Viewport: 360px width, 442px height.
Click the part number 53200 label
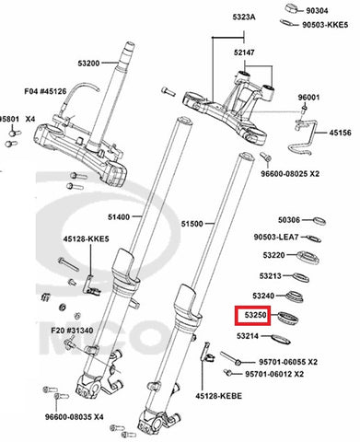tap(88, 64)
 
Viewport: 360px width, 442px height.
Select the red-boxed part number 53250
tap(256, 315)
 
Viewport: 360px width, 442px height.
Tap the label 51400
tap(119, 217)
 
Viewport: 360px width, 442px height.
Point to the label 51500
tap(192, 224)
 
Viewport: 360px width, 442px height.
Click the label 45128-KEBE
tap(219, 396)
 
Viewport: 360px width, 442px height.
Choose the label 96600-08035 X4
tap(75, 417)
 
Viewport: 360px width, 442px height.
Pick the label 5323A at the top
tap(244, 17)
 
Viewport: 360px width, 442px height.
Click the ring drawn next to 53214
tap(281, 339)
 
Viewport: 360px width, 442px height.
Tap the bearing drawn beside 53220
tap(308, 258)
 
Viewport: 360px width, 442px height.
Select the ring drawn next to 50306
tap(319, 221)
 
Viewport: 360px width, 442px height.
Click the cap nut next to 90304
tap(292, 8)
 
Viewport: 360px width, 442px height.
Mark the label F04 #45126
tap(45, 91)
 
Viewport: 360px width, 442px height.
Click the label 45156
tap(341, 133)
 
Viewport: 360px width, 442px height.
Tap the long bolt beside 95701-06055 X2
tap(230, 358)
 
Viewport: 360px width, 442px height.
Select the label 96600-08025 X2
tap(290, 174)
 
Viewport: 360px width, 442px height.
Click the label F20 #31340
tap(72, 331)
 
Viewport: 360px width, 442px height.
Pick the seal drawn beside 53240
tap(295, 297)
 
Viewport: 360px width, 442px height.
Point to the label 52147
tap(244, 52)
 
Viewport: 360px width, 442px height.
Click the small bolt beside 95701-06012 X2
tap(228, 373)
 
